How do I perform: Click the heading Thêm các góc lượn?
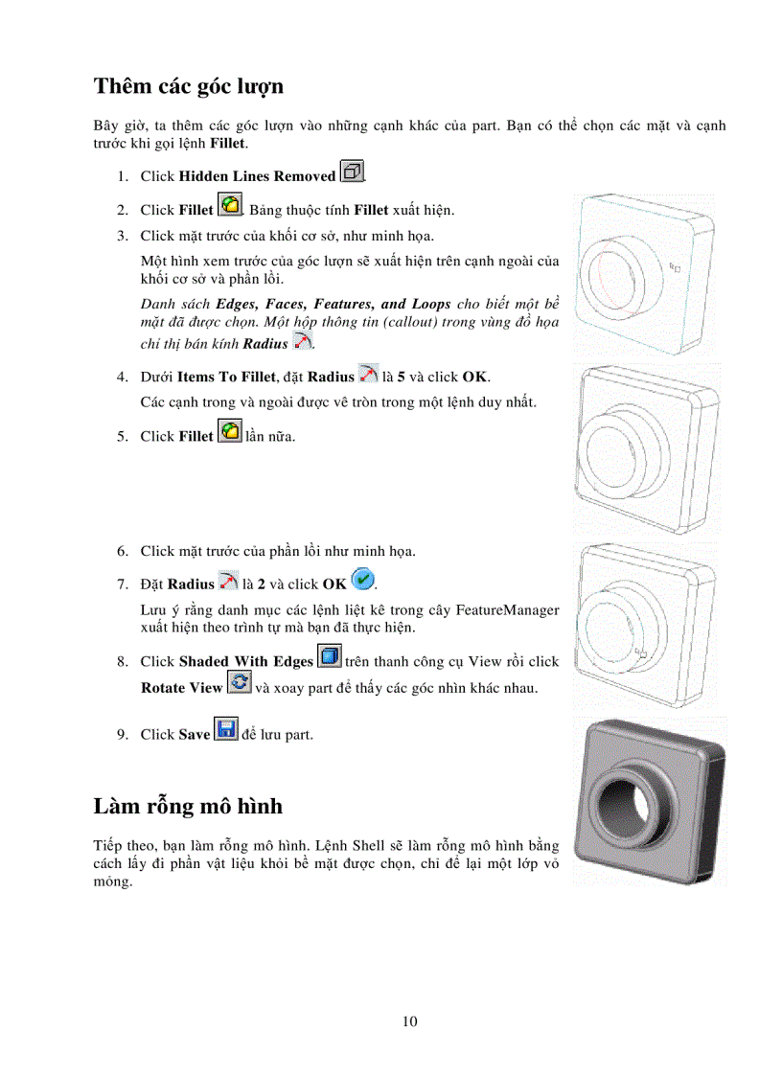[188, 86]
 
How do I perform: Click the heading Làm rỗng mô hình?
[188, 806]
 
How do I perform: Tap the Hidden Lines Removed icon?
[353, 173]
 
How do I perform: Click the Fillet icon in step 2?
[230, 206]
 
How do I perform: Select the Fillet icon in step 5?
[230, 433]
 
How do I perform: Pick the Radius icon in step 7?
[228, 582]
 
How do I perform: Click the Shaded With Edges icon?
[330, 658]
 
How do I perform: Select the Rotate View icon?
[239, 685]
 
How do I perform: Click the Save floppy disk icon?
[226, 731]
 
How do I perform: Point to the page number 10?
[409, 1021]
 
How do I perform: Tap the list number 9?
[122, 735]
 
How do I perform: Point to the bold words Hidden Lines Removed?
[257, 177]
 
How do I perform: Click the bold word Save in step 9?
[195, 735]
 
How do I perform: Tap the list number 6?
[122, 551]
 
